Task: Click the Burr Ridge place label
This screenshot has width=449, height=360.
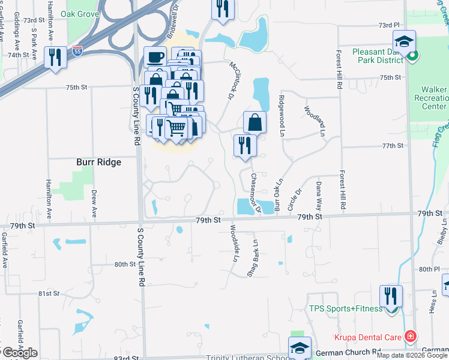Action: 98,162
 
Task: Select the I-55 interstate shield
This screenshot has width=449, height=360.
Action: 76,52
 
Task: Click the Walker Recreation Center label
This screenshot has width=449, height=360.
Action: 434,98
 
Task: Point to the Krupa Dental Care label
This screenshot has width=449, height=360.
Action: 367,338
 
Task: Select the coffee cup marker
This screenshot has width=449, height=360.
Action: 155,58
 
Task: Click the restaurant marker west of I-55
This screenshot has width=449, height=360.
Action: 55,58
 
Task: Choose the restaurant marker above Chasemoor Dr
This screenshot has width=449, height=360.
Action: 244,145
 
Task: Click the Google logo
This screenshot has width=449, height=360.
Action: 20,353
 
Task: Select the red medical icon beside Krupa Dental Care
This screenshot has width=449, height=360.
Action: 411,337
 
